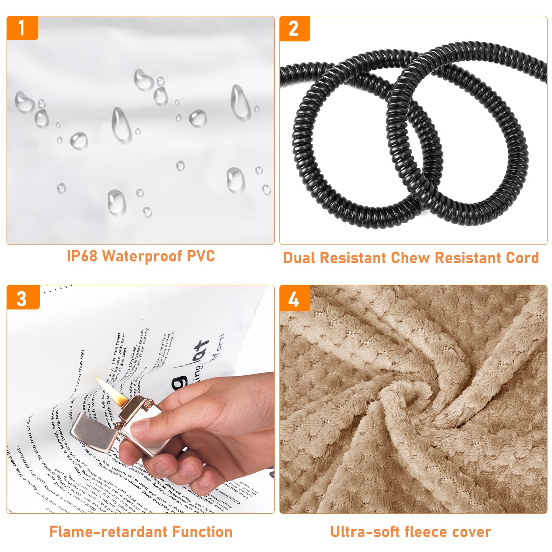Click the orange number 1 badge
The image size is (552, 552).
[22, 28]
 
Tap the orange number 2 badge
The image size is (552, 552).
[294, 29]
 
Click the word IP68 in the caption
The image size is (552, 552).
[82, 256]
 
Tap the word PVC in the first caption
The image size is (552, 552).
[201, 256]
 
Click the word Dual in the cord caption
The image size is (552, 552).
[300, 258]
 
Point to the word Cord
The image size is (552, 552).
[522, 258]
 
